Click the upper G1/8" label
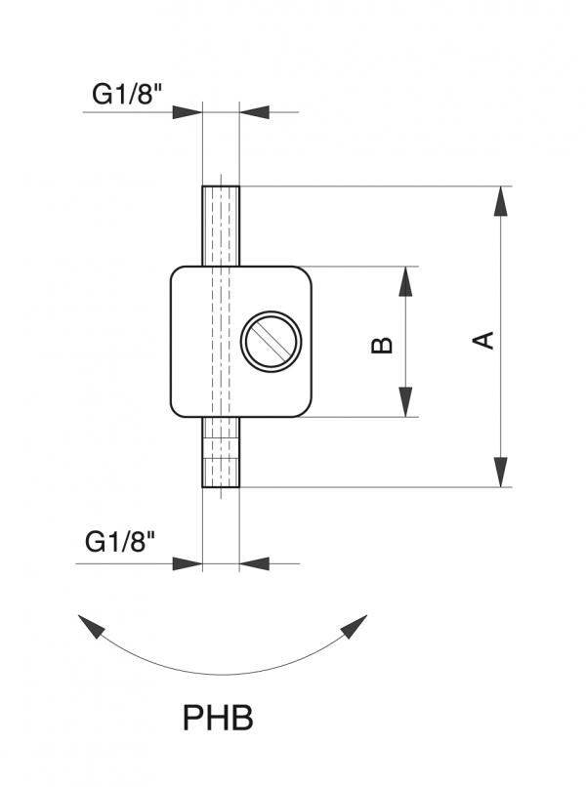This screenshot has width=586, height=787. pos(128,95)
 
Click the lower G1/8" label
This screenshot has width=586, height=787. pos(121,544)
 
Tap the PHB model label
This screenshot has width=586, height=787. pos(218,719)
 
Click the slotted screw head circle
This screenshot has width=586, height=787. pos(272,342)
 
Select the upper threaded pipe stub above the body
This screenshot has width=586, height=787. pos(221,226)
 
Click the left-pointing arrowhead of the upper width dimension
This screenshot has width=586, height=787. pos(254,112)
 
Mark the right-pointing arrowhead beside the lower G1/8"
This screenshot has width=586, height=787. pos(188,563)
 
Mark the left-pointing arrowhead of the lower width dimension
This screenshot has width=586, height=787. pos(254,563)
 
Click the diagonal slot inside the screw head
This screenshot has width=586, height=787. pos(272,342)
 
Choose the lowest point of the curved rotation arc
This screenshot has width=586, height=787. pos(223,675)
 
